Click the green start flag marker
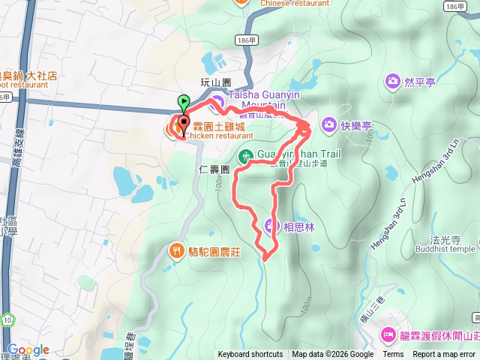tap(184, 101)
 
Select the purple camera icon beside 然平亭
tap(391, 80)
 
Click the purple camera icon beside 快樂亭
tap(328, 124)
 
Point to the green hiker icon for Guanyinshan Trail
tap(244, 157)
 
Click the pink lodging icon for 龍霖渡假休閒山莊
tap(388, 334)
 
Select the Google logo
tap(28, 349)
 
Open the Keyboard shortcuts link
tap(250, 355)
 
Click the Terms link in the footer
tap(393, 355)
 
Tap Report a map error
tap(444, 355)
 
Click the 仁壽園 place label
tap(214, 170)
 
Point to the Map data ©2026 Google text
tap(333, 355)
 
